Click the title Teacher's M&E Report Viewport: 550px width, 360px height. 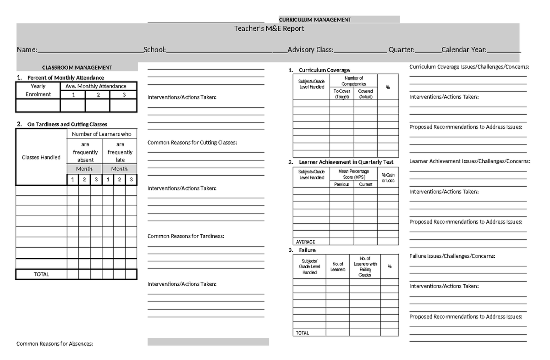(269, 28)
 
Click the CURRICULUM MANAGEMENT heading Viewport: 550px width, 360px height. (315, 20)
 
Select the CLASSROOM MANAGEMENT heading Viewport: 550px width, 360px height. (77, 67)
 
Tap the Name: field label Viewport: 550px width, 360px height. (27, 50)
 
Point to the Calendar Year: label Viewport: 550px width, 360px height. (464, 50)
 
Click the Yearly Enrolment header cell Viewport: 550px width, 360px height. (38, 90)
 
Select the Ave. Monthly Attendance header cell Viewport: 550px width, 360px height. (99, 86)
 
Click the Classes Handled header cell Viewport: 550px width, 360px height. (41, 157)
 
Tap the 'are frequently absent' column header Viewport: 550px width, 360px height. (85, 152)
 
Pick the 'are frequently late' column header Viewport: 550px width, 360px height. (120, 152)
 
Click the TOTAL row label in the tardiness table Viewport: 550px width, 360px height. (41, 274)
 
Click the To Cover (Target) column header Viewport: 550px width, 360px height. (342, 94)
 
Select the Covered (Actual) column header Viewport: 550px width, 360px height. (366, 94)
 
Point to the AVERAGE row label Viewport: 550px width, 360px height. (306, 242)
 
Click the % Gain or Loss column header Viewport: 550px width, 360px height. (388, 177)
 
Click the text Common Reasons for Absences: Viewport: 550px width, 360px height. (55, 343)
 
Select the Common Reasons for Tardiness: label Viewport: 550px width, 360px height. (186, 236)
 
